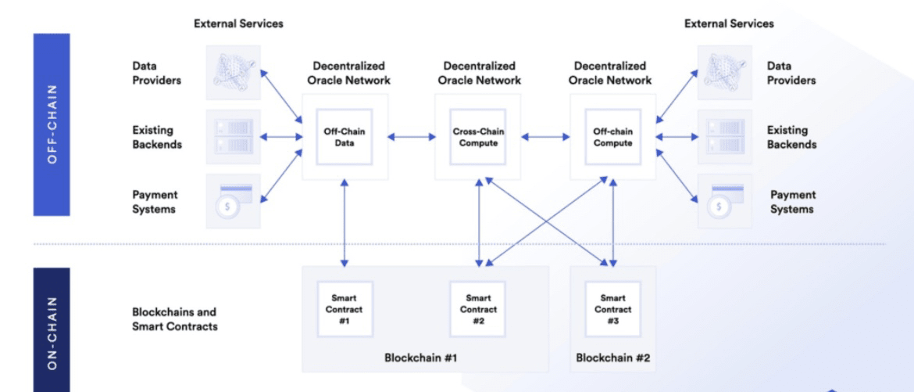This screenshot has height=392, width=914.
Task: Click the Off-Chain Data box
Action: (x=345, y=137)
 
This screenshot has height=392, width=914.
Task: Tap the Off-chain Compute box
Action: (x=612, y=137)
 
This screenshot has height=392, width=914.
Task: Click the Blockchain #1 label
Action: (x=420, y=358)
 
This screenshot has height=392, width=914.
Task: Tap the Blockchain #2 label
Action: (x=612, y=358)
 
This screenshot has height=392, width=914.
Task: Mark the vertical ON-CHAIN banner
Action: (x=52, y=329)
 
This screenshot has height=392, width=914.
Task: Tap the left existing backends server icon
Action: (x=234, y=137)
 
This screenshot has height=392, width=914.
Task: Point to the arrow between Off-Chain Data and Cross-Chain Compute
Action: (x=412, y=138)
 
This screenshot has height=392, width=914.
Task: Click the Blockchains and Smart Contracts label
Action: (x=174, y=318)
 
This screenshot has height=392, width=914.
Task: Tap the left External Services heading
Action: (x=238, y=23)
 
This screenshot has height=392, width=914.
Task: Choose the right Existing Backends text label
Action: (x=791, y=137)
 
